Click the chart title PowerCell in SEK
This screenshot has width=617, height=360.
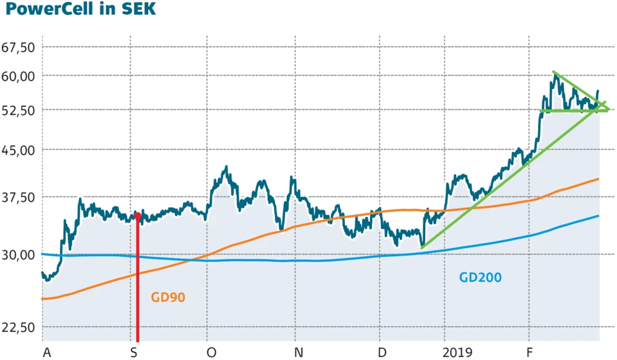[78, 10]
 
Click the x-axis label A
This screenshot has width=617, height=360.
[46, 352]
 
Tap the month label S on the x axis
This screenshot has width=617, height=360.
[134, 352]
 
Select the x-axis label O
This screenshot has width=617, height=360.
[211, 352]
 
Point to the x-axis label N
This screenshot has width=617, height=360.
[299, 352]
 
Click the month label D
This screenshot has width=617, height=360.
[383, 352]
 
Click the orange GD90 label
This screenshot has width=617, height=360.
[168, 298]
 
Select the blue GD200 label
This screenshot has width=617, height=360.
[481, 277]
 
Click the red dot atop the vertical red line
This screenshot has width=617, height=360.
[138, 216]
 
